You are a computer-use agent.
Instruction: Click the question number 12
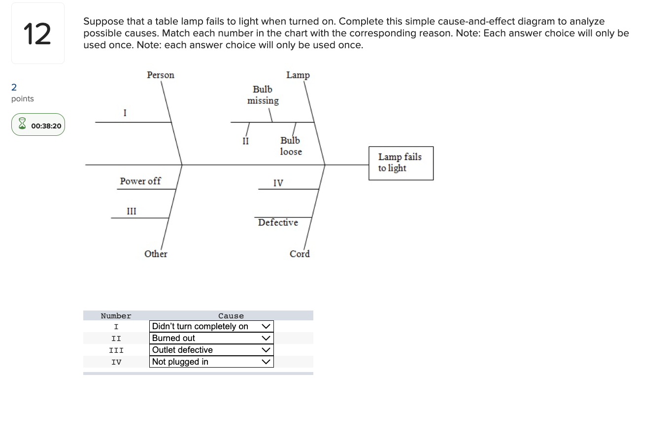pyautogui.click(x=37, y=33)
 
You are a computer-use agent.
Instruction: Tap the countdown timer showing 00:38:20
pyautogui.click(x=38, y=125)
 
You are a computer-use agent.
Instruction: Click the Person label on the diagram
pyautogui.click(x=161, y=75)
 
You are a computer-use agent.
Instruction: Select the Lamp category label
pyautogui.click(x=298, y=75)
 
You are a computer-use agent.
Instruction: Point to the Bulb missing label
pyautogui.click(x=263, y=95)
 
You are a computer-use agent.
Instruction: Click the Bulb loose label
pyautogui.click(x=291, y=146)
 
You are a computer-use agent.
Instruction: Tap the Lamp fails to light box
pyautogui.click(x=401, y=163)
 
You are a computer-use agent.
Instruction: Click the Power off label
pyautogui.click(x=140, y=181)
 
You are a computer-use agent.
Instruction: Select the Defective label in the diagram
pyautogui.click(x=278, y=222)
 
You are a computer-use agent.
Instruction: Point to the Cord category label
pyautogui.click(x=300, y=254)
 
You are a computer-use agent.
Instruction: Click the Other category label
pyautogui.click(x=156, y=254)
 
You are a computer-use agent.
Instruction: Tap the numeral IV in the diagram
pyautogui.click(x=278, y=183)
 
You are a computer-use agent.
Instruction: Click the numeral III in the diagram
pyautogui.click(x=132, y=211)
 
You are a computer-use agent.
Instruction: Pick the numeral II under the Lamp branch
pyautogui.click(x=245, y=141)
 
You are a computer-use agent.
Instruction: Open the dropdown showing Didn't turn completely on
pyautogui.click(x=211, y=326)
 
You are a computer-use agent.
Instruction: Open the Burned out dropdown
pyautogui.click(x=211, y=338)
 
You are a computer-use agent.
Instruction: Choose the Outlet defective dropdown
pyautogui.click(x=211, y=350)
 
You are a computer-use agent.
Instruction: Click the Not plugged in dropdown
pyautogui.click(x=211, y=362)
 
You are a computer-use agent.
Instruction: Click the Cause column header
pyautogui.click(x=231, y=316)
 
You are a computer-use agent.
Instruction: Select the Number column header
pyautogui.click(x=116, y=316)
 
